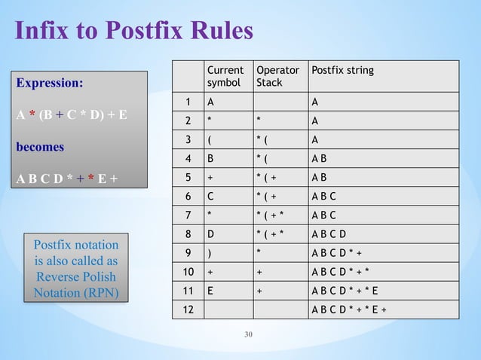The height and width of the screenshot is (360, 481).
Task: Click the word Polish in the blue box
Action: coord(98,276)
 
